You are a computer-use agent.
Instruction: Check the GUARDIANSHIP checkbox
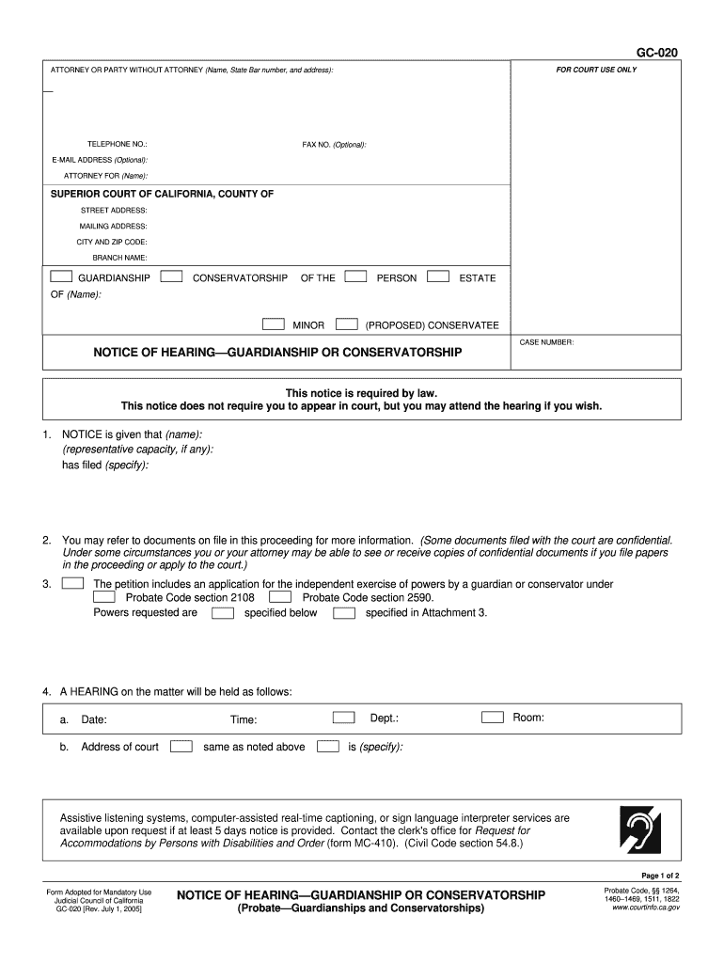pos(60,277)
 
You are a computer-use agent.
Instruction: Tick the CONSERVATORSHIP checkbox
pos(171,277)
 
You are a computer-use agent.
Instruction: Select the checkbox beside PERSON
pos(355,277)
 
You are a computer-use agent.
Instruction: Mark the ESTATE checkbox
pos(438,277)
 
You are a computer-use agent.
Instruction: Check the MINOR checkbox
pos(273,324)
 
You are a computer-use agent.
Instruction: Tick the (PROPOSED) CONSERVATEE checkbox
pos(346,324)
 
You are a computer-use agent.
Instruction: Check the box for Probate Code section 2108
pos(104,597)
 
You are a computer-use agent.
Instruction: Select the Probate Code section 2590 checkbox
pos(280,597)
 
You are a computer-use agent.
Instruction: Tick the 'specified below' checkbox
pos(223,613)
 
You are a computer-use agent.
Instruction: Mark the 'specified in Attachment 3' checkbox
pos(345,613)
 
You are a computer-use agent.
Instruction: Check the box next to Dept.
pos(344,718)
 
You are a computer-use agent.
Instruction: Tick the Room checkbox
pos(493,718)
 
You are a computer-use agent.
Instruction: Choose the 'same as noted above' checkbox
pos(181,747)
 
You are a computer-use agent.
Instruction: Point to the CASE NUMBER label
pos(546,342)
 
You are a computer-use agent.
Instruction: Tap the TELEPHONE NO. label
pos(117,144)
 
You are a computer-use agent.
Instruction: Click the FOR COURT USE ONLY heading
pos(596,71)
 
